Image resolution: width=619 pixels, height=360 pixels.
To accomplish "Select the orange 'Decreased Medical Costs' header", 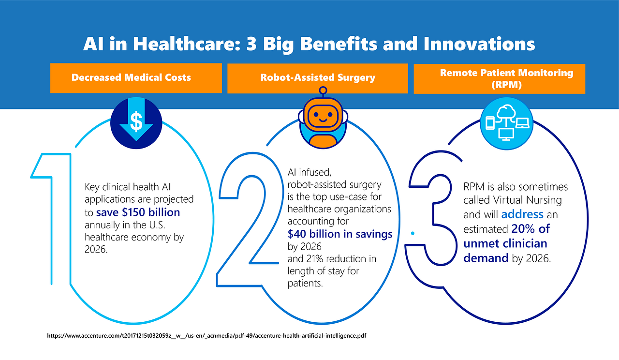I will coord(136,77).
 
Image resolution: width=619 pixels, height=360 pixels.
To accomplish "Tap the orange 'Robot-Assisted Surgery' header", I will coord(317,77).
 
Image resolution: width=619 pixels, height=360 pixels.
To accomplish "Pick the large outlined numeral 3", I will coord(435,218).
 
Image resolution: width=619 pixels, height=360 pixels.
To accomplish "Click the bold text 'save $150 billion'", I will coord(138,212).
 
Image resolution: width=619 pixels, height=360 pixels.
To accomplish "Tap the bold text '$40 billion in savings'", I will coord(339,234).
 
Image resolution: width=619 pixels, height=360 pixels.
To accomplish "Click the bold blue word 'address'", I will coord(522,214).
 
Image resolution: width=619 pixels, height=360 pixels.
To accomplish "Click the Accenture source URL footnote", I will coord(206,335).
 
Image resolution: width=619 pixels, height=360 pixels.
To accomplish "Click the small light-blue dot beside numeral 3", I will coord(413,233).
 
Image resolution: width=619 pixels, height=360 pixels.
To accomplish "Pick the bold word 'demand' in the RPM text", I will coord(486,258).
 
